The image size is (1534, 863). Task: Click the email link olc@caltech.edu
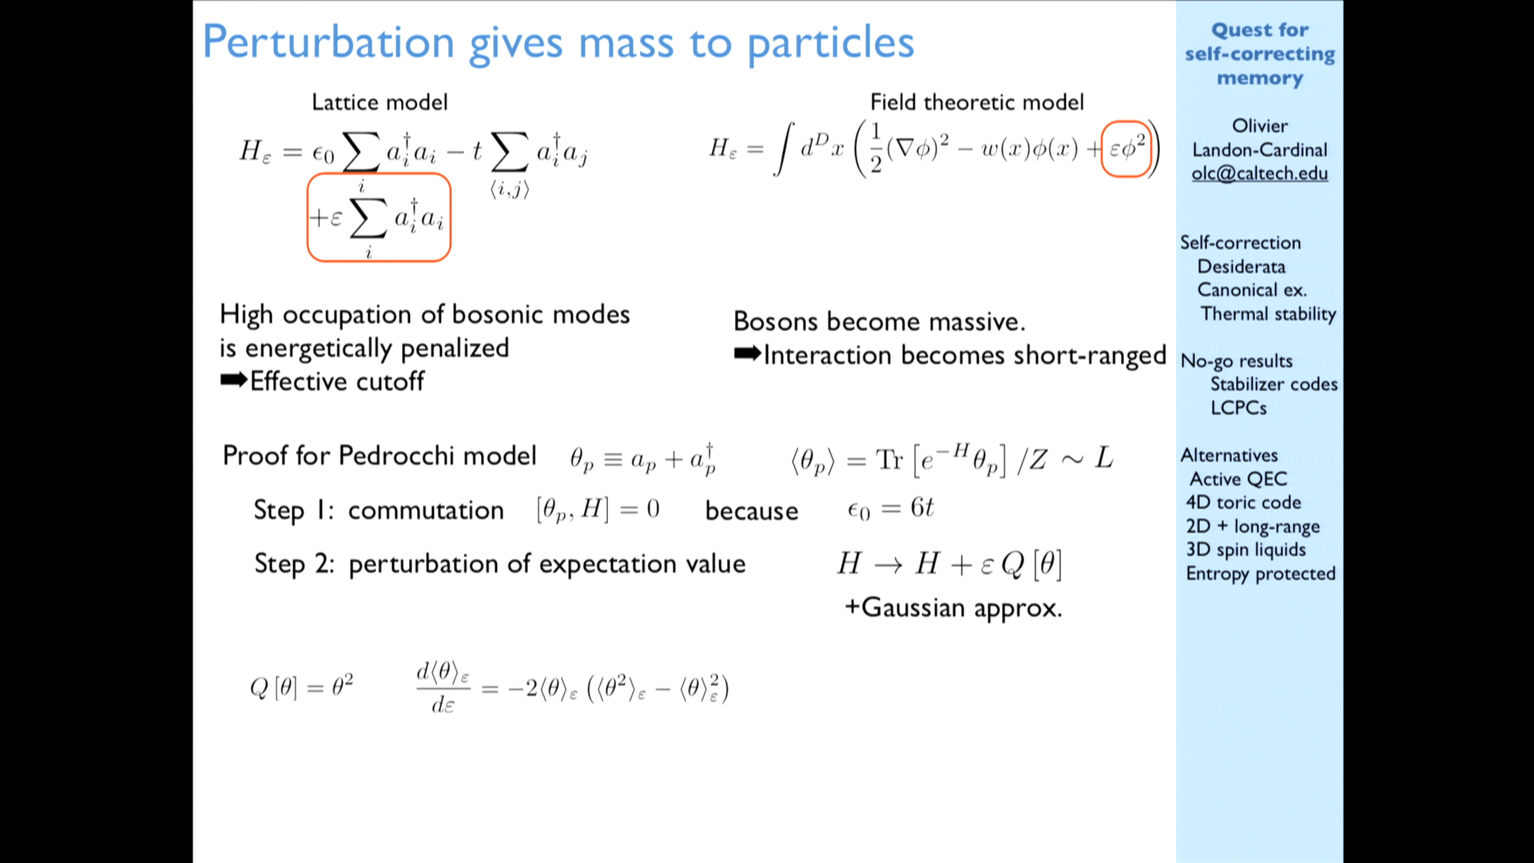click(1259, 173)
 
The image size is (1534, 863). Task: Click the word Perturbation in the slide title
click(328, 42)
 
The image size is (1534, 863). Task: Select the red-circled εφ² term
click(1127, 149)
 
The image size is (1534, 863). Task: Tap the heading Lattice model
click(380, 102)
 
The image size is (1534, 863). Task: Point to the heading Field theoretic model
click(977, 102)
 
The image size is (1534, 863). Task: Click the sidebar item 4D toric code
click(1243, 503)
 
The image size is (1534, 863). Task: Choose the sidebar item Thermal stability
click(1268, 314)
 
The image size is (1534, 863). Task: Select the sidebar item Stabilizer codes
click(1274, 384)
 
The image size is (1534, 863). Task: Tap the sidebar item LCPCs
click(1238, 408)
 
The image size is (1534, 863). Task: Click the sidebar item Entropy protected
click(1261, 574)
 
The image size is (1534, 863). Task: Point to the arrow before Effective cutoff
click(234, 380)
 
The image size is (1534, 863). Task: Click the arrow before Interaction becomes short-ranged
click(748, 354)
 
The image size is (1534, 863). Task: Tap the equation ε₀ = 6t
click(890, 509)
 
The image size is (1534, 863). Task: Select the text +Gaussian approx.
click(953, 608)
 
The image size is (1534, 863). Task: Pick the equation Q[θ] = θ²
click(301, 686)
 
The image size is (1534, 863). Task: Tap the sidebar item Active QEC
click(1238, 479)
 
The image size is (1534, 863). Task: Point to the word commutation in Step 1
click(426, 511)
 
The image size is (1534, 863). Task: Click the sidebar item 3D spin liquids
click(1246, 550)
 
